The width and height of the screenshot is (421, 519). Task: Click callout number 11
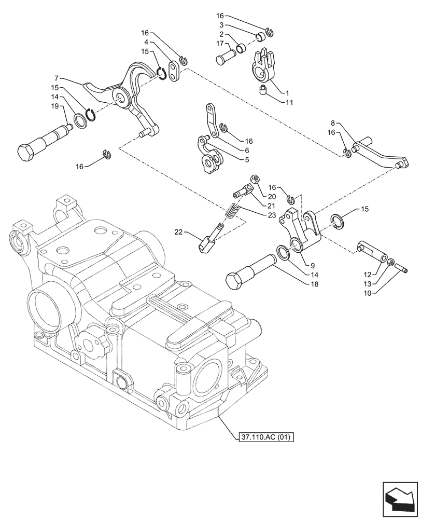[x=289, y=102]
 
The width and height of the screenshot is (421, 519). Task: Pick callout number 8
[x=333, y=124]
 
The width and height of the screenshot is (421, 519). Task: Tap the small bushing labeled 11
[x=263, y=92]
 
